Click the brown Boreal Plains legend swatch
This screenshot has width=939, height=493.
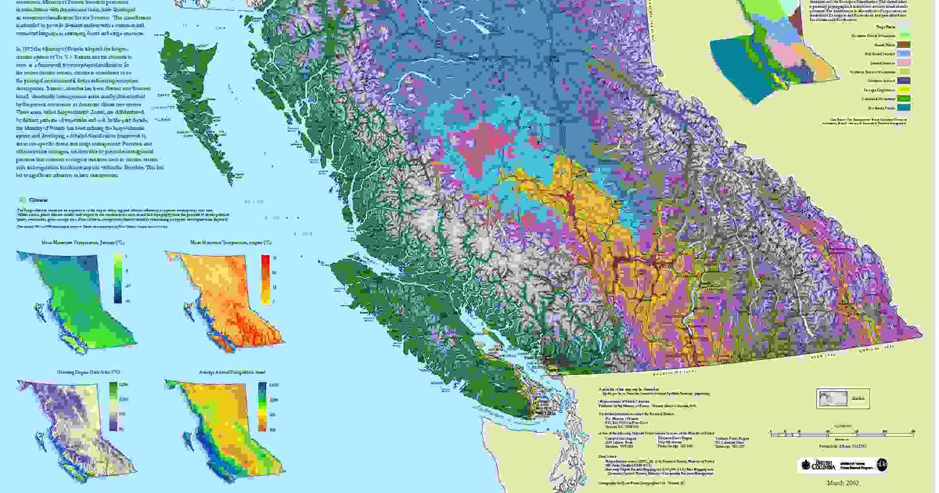click(904, 45)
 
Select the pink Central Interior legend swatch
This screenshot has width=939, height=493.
click(904, 60)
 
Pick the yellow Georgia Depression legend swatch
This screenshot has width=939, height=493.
click(904, 89)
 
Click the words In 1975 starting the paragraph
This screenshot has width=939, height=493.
click(27, 49)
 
